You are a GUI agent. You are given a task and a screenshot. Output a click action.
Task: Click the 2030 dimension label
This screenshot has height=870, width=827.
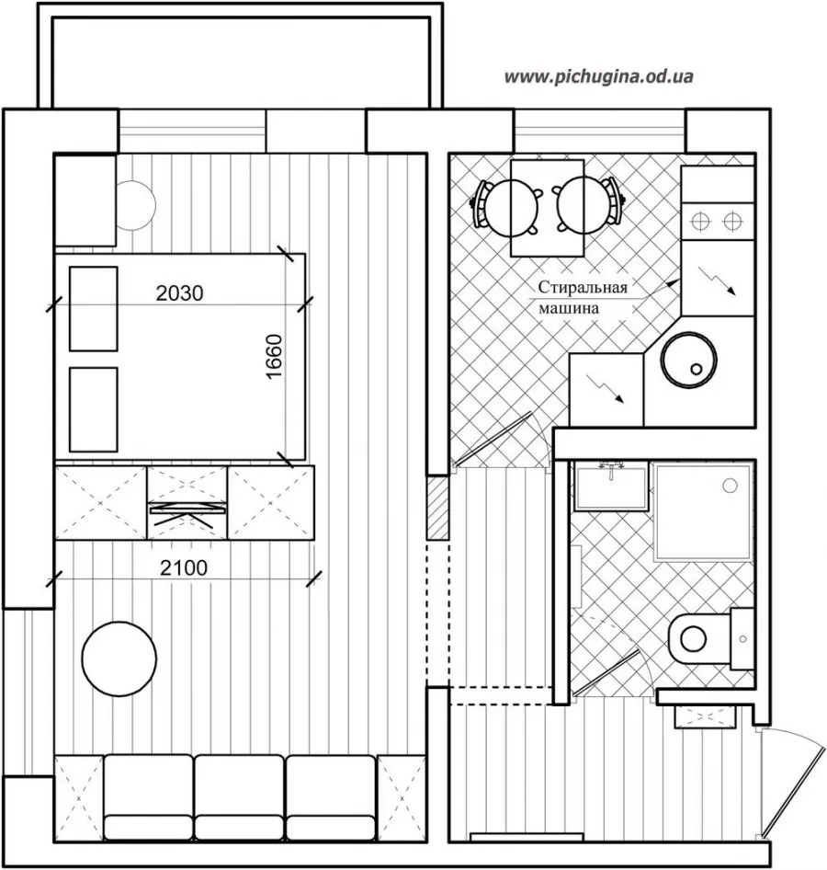click(x=179, y=293)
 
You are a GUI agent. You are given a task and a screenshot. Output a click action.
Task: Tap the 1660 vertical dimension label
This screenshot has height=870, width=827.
click(x=275, y=356)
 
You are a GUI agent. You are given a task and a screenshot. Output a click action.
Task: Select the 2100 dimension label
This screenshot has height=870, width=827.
click(x=184, y=567)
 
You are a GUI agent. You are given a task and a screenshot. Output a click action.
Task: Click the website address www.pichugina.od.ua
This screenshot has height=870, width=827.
click(x=598, y=76)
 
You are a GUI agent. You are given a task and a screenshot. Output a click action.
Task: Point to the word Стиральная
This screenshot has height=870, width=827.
click(x=583, y=287)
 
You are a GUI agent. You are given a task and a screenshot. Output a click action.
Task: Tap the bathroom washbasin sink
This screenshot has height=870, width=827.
click(x=611, y=487)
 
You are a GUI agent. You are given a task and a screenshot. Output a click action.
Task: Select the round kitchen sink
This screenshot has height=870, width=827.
click(x=689, y=360)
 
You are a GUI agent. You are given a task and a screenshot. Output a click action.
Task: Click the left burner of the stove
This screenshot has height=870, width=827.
click(x=700, y=222)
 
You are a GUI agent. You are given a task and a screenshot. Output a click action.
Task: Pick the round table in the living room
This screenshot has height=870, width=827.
click(x=119, y=658)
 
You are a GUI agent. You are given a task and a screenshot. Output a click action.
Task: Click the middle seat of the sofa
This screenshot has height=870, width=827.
click(x=239, y=797)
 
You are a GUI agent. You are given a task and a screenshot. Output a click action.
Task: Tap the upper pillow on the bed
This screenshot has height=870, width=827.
click(x=93, y=308)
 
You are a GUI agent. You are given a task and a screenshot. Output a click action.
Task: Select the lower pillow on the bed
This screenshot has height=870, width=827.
click(x=93, y=409)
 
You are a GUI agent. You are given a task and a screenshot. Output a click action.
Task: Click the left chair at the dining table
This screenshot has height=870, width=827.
click(x=505, y=205)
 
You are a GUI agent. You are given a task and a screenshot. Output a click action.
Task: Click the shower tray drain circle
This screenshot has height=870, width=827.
click(x=730, y=486)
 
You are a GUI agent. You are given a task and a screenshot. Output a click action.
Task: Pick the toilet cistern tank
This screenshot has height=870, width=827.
click(x=742, y=638)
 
